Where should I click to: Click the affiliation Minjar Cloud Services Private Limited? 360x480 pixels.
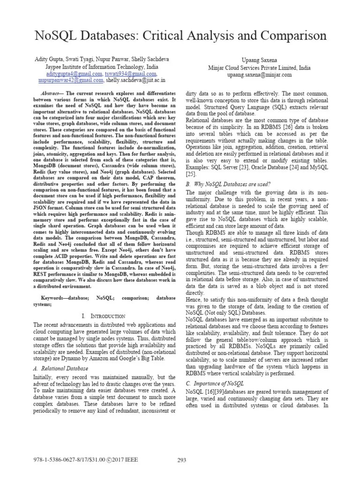click(251, 67)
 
